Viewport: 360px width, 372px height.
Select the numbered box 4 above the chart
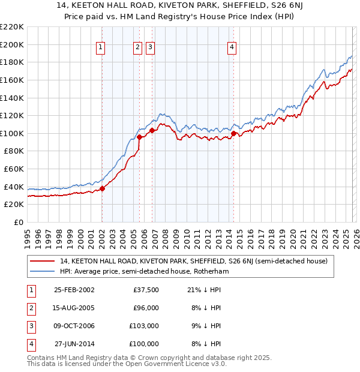[x=232, y=48]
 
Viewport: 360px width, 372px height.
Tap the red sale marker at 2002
[x=102, y=188]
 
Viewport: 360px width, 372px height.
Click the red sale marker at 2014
[x=233, y=133]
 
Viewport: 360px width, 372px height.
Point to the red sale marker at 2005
[x=139, y=137]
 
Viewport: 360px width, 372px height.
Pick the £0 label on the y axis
[x=18, y=222]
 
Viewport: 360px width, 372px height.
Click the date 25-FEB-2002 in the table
[x=74, y=290]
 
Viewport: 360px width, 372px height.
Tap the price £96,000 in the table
[x=146, y=308]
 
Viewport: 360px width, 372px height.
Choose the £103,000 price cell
[x=145, y=326]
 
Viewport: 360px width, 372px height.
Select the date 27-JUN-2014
[x=74, y=344]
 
